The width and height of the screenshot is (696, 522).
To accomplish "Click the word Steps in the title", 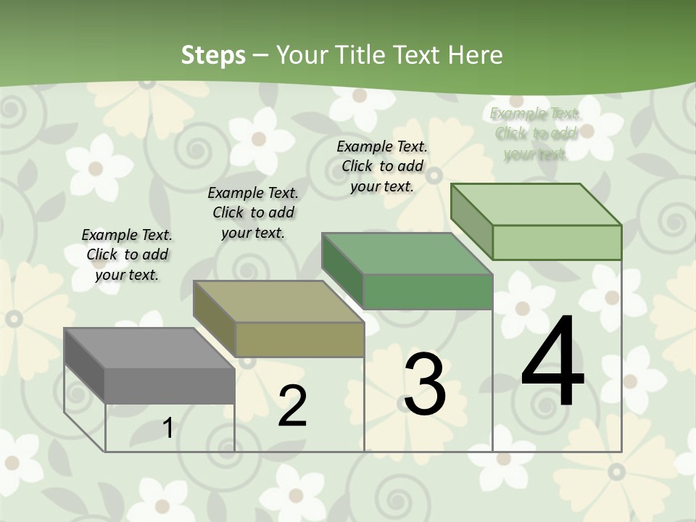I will tap(213, 56).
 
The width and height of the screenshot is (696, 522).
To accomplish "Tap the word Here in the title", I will tap(476, 56).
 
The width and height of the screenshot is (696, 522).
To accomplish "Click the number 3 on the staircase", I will tap(425, 384).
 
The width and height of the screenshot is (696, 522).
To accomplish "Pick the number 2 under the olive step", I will tap(292, 405).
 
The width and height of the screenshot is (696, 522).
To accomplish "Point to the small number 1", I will tap(168, 428).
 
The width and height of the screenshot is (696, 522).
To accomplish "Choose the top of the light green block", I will tap(536, 204).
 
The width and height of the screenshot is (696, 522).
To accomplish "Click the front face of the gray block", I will tap(170, 386).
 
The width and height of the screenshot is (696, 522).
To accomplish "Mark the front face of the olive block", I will tap(299, 339).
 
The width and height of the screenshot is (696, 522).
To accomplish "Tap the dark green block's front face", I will tap(428, 291).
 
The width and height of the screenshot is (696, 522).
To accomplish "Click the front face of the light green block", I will tap(557, 242).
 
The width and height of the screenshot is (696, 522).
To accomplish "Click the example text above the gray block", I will tap(127, 254).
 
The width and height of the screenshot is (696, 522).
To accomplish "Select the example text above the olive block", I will tap(253, 212).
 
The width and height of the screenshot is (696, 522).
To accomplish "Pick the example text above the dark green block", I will tap(382, 166).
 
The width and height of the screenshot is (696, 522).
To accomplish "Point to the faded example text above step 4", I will tap(535, 133).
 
